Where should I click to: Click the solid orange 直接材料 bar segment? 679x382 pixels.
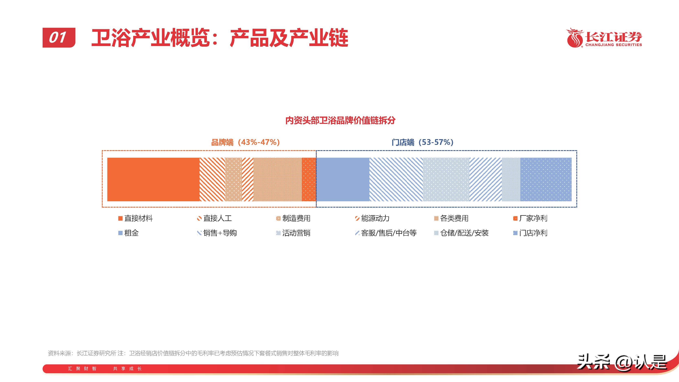pyautogui.click(x=153, y=179)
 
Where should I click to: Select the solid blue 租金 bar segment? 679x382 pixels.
pyautogui.click(x=343, y=179)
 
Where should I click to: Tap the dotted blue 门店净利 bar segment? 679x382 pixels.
pyautogui.click(x=546, y=179)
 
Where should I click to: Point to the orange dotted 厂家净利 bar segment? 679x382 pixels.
pyautogui.click(x=309, y=179)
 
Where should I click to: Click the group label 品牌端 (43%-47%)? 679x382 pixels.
pyautogui.click(x=245, y=142)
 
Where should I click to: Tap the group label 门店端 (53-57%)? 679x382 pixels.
pyautogui.click(x=422, y=142)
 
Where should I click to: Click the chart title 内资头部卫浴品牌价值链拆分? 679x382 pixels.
pyautogui.click(x=340, y=120)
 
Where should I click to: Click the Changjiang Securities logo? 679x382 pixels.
pyautogui.click(x=604, y=38)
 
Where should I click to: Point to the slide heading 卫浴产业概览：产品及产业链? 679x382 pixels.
pyautogui.click(x=220, y=38)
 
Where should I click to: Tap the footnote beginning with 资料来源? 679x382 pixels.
pyautogui.click(x=193, y=353)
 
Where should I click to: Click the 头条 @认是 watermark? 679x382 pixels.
pyautogui.click(x=622, y=362)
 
